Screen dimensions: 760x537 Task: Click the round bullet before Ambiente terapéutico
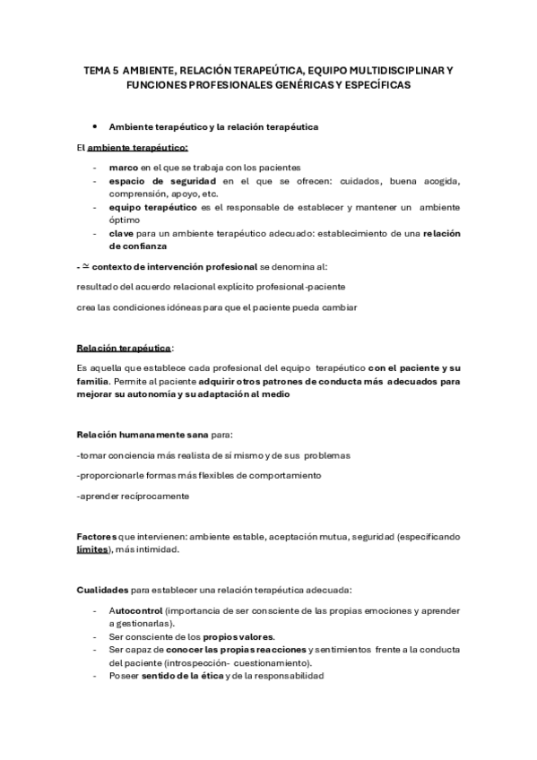94,126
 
